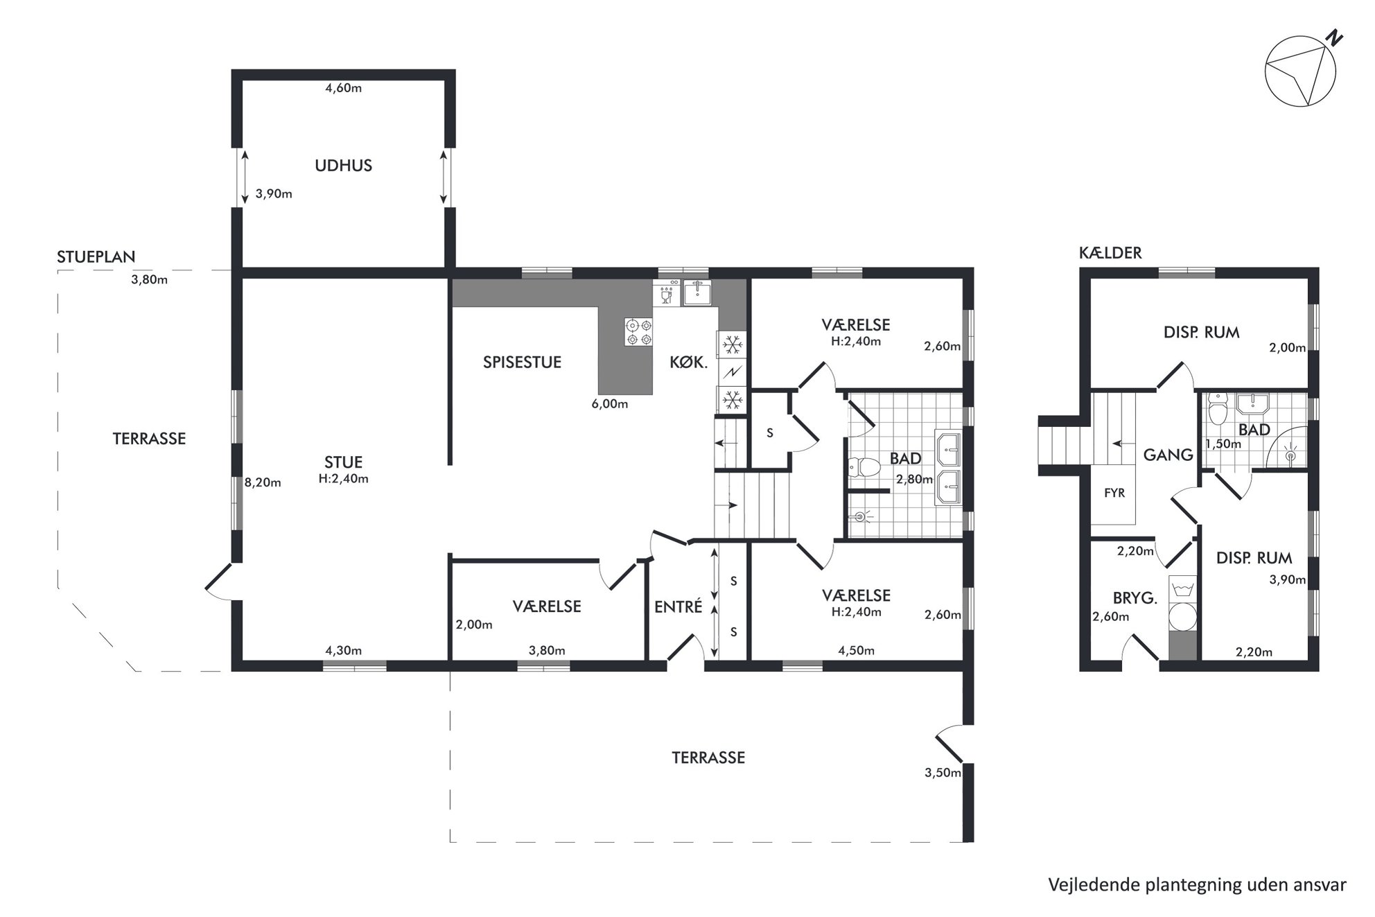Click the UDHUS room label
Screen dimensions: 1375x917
pos(343,166)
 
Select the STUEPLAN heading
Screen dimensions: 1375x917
pos(96,257)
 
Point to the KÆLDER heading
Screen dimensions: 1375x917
pos(1110,253)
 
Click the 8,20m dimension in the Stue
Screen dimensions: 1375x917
pos(263,482)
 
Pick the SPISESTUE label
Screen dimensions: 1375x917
pos(522,363)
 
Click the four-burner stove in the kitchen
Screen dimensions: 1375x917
pos(638,332)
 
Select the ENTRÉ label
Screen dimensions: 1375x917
pos(678,606)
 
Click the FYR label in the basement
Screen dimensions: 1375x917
pos(1114,494)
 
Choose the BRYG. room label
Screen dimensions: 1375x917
pos(1135,598)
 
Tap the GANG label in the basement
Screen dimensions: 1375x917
pos(1168,455)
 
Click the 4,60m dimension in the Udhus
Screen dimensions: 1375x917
pos(344,88)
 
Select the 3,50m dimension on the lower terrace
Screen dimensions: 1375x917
pos(943,773)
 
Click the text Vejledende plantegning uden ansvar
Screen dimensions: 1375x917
pos(1197,885)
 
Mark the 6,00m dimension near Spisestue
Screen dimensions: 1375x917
pos(610,404)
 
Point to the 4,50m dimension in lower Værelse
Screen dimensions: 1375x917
pos(856,651)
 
